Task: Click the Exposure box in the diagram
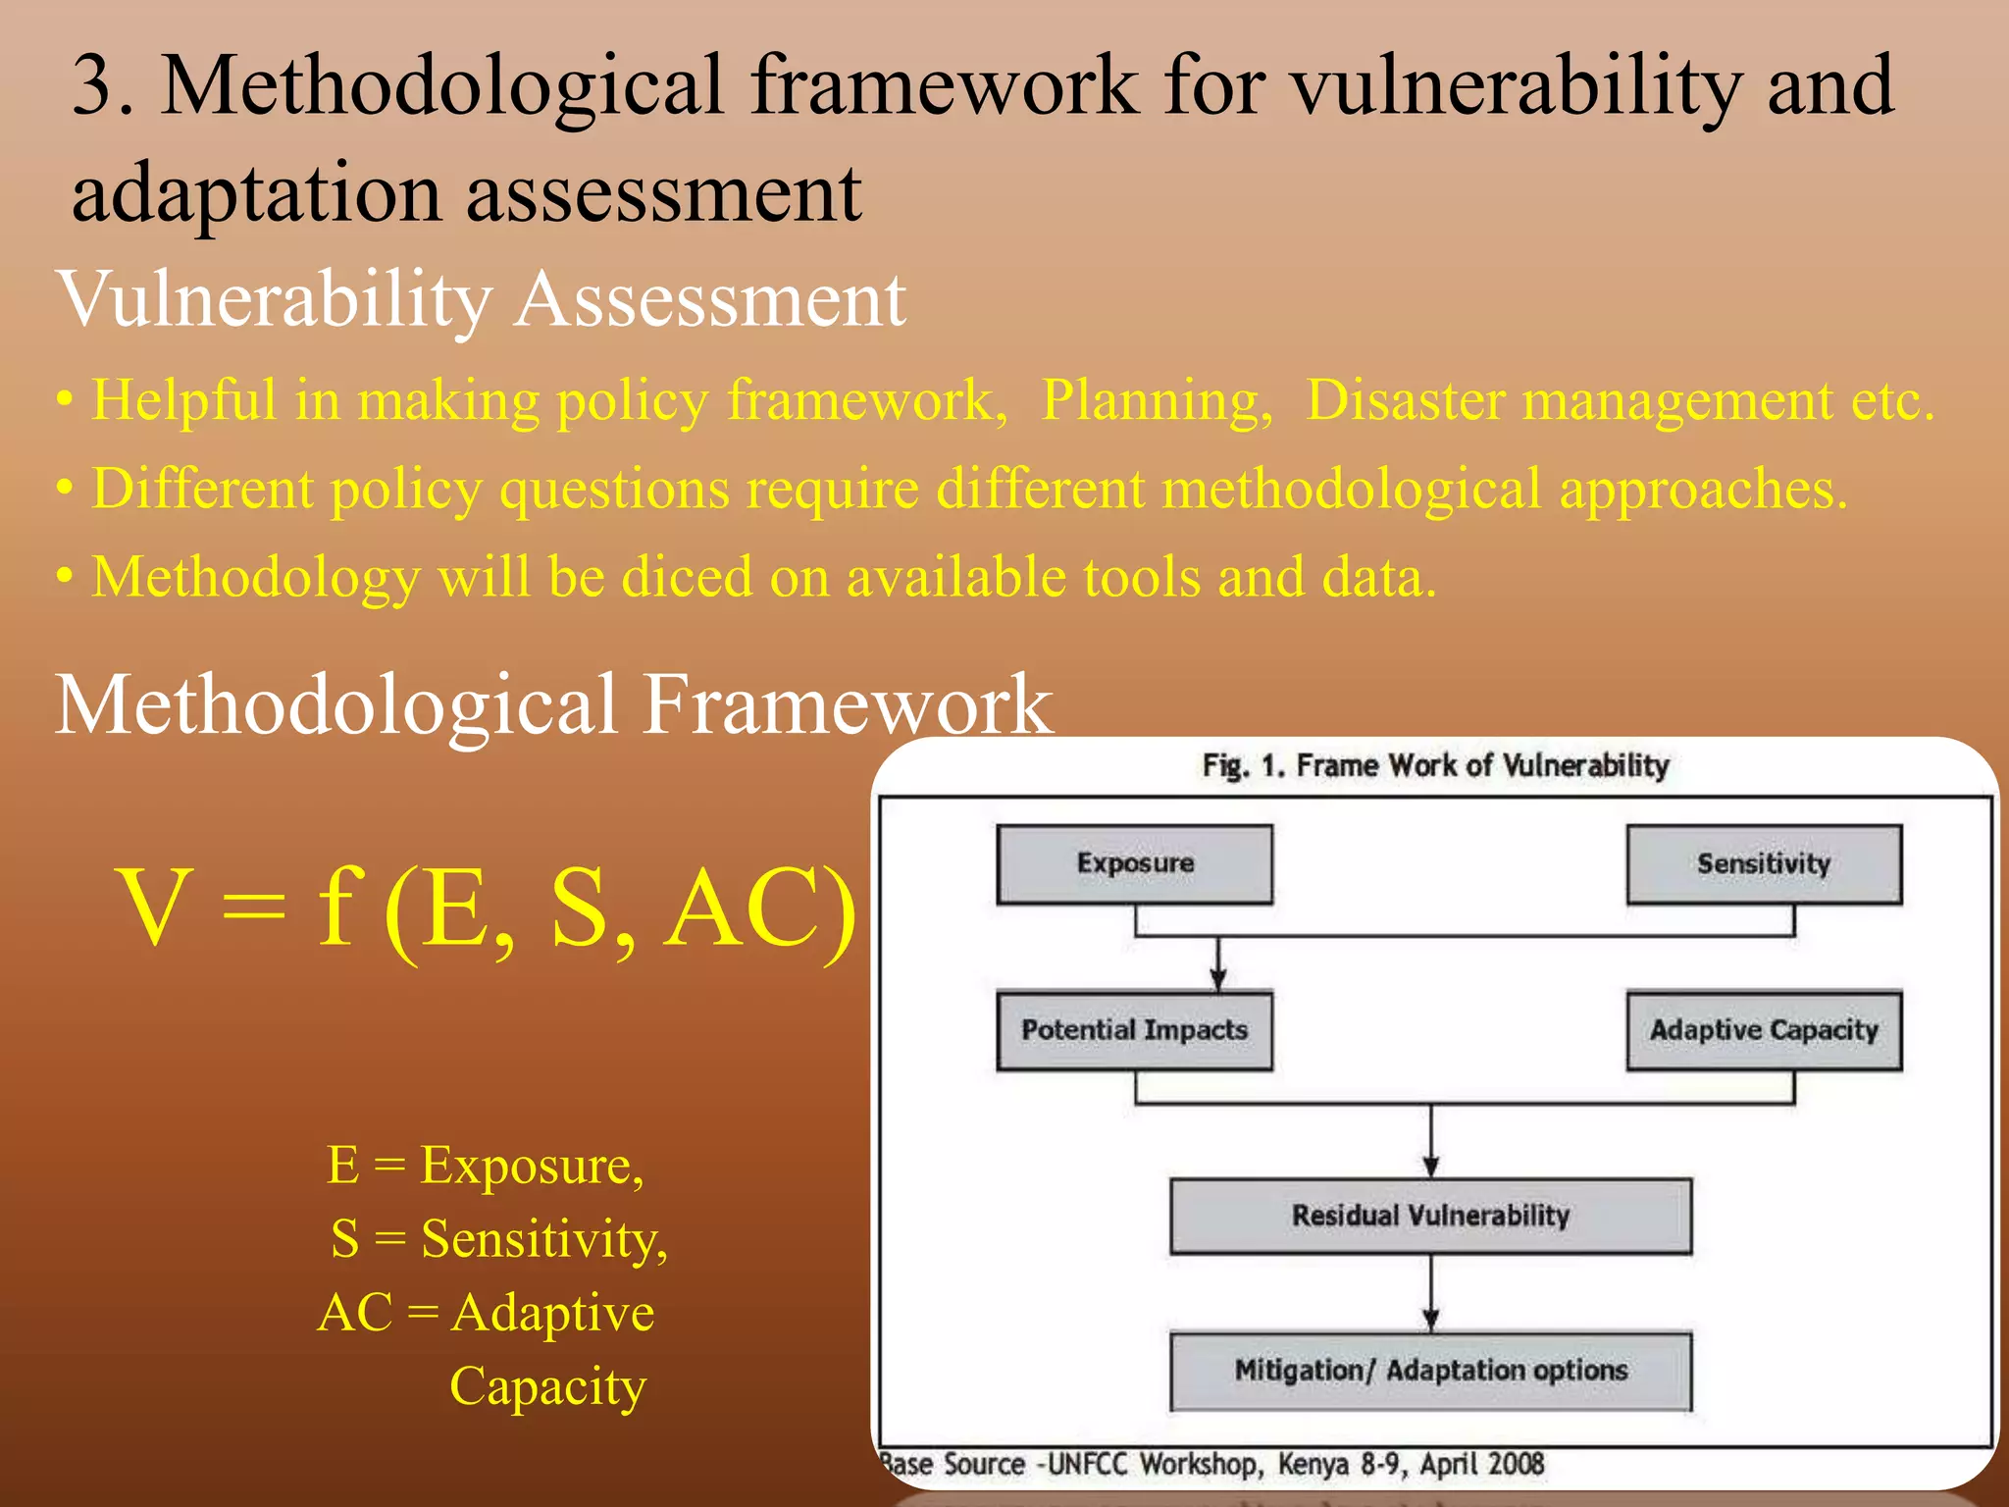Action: pos(1134,863)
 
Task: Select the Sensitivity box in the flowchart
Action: pos(1763,863)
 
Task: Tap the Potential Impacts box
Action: pos(1134,1030)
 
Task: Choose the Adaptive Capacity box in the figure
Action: pos(1763,1030)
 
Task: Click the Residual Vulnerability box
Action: pos(1430,1216)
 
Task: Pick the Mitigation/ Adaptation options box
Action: pos(1430,1370)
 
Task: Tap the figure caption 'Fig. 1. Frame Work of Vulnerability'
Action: pos(1435,765)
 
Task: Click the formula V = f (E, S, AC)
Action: pos(486,909)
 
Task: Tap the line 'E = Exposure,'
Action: pos(486,1166)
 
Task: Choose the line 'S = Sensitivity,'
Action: pos(498,1238)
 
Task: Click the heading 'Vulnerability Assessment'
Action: pos(481,299)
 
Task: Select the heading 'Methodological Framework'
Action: pos(553,703)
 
